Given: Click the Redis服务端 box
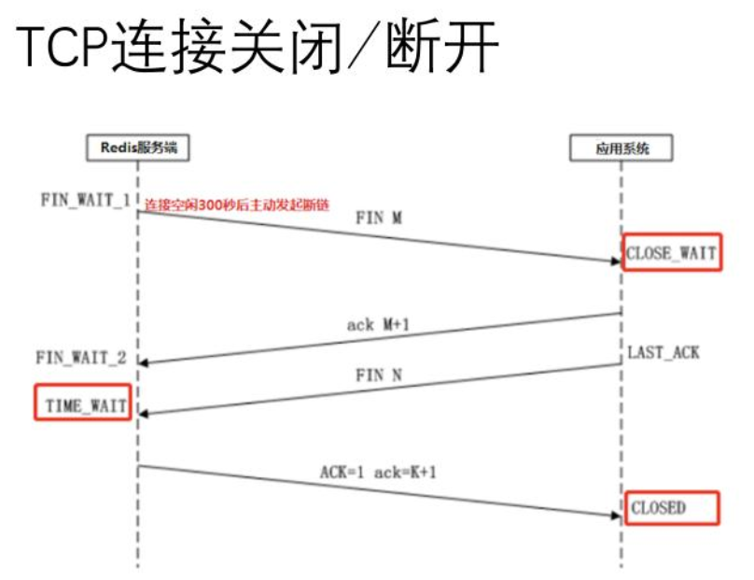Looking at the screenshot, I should coord(138,148).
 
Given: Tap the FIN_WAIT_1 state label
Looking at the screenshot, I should coord(84,199).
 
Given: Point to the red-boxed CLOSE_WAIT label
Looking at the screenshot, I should coord(672,252).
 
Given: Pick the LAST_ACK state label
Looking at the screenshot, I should coord(663,353).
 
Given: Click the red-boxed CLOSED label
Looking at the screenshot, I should coord(672,508).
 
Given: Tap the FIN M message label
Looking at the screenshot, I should coord(379,217).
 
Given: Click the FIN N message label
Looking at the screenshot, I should coord(379,375).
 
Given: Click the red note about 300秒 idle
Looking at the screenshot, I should coord(238,203).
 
